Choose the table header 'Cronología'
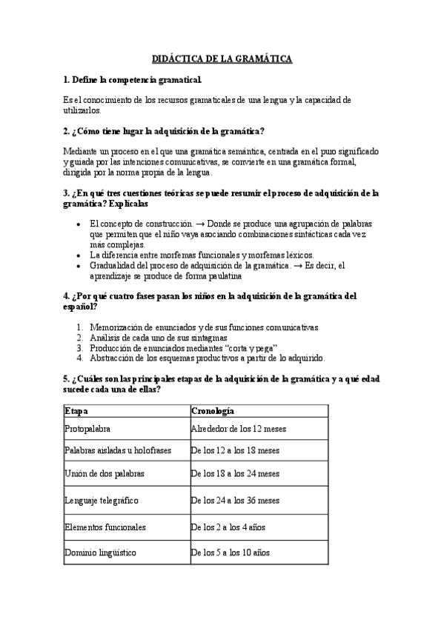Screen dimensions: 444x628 coord(213,410)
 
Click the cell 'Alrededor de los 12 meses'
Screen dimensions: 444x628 coord(239,429)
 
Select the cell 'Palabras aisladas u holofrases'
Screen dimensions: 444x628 coord(113,450)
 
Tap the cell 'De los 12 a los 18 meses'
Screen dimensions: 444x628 coord(235,450)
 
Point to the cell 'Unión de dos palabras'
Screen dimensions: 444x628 coord(105,473)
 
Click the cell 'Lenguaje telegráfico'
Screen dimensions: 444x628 coord(101,501)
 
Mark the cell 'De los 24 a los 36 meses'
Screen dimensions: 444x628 coord(235,501)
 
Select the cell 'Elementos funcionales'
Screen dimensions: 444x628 coord(105,527)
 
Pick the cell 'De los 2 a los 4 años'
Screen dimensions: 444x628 coord(228,527)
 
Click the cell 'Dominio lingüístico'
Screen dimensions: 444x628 coord(101,552)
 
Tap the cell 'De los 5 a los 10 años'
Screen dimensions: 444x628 coord(231,552)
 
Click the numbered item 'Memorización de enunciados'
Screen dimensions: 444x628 coord(203,327)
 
